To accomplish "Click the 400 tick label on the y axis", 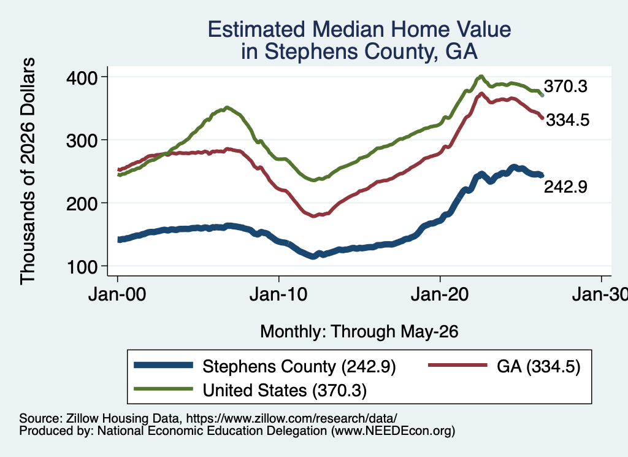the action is [x=82, y=78].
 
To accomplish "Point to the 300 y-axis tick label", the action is [x=82, y=140].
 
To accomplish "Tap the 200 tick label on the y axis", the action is [x=82, y=204].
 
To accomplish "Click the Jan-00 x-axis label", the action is [x=117, y=295].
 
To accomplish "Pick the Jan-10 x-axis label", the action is [x=278, y=295].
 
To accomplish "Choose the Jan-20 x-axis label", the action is [x=440, y=295].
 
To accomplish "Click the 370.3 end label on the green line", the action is [x=565, y=86].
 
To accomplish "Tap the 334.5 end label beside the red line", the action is [x=568, y=120].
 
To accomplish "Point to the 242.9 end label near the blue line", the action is [x=565, y=186].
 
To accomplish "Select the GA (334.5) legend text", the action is [x=538, y=366].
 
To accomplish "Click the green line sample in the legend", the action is [x=163, y=388].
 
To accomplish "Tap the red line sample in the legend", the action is [x=458, y=365].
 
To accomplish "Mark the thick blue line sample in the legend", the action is [x=163, y=365].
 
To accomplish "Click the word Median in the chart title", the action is [x=348, y=29].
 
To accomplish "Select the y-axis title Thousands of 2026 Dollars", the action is [x=28, y=171].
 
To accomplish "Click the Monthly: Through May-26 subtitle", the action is [x=359, y=332].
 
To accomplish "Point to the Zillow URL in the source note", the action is [x=291, y=418].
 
